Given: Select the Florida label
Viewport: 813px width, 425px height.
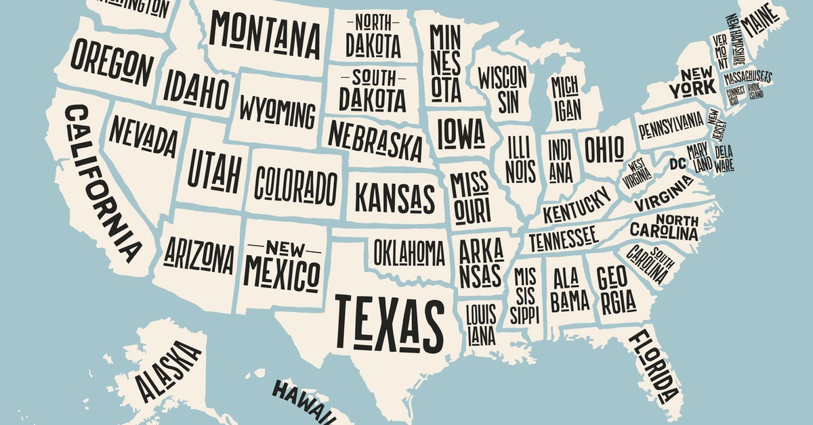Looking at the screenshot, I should [x=653, y=366].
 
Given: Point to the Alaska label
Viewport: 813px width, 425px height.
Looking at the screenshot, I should [x=168, y=372].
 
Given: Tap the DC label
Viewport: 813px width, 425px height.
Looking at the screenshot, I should [x=677, y=163].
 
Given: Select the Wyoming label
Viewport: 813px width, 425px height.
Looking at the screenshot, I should [x=277, y=112].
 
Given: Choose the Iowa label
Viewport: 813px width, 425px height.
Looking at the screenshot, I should [x=461, y=132].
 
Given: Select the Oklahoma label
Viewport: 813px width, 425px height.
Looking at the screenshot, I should [x=409, y=252].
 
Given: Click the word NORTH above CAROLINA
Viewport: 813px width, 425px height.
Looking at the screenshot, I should [x=676, y=220].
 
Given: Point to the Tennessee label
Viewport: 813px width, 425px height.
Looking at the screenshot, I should [x=563, y=238].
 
